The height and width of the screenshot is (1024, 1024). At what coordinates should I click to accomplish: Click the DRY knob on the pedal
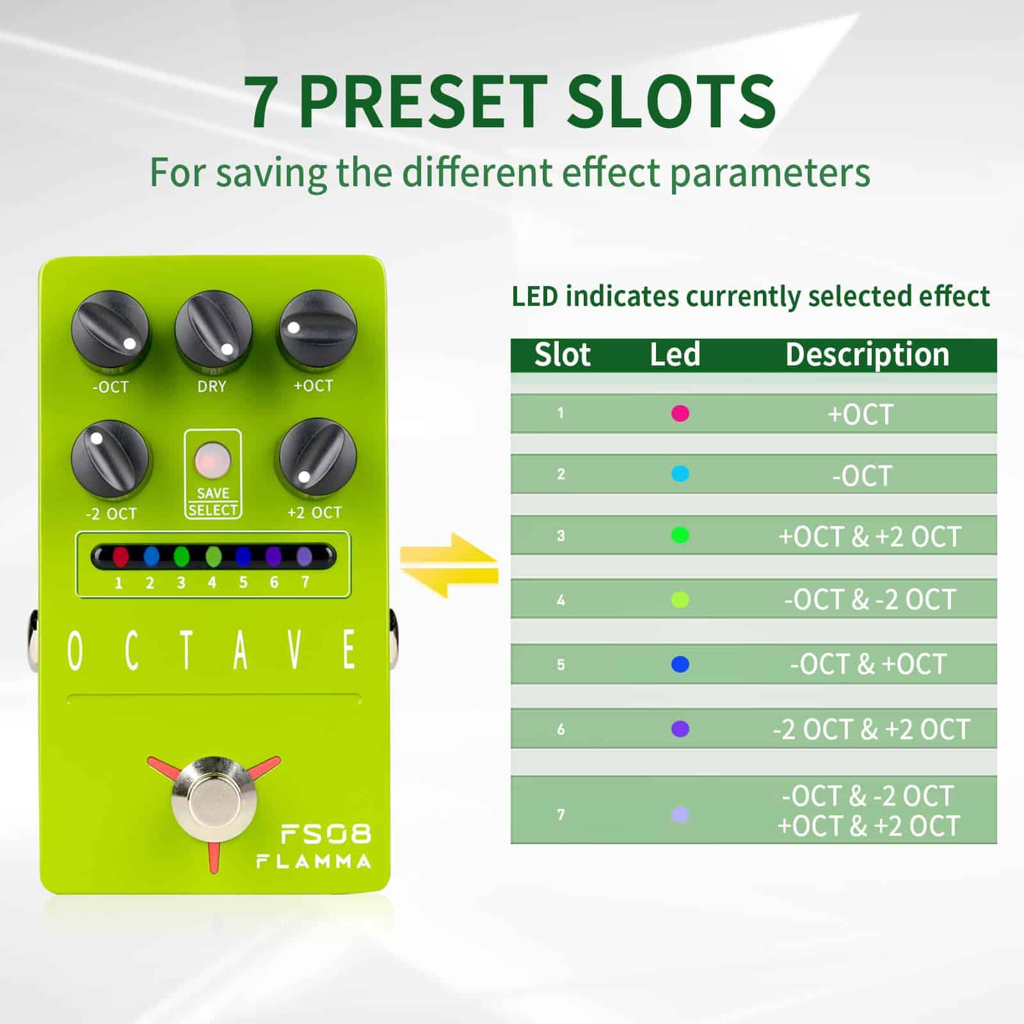pos(213,331)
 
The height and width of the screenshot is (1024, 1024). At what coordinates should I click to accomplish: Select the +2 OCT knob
pos(317,457)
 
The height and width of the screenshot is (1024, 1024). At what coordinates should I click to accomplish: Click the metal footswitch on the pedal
pos(214,800)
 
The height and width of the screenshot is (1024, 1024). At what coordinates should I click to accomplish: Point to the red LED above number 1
pos(120,556)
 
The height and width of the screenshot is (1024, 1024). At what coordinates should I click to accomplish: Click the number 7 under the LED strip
pos(305,582)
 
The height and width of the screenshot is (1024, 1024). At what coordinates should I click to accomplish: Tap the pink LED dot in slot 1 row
pos(680,413)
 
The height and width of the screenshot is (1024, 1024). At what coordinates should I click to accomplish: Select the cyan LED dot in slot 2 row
pos(680,474)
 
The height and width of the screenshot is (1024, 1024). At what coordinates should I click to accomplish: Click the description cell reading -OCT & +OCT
pos(868,664)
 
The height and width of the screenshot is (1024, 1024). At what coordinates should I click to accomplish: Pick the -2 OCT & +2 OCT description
pos(870,729)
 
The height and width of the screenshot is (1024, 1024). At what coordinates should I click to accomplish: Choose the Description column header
pos(867,355)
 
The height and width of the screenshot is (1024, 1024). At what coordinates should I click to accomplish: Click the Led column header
pos(675,355)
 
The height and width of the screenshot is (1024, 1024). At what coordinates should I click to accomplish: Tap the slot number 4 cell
pos(561,600)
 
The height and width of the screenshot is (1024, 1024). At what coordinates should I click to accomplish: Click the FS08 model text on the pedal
pos(326,833)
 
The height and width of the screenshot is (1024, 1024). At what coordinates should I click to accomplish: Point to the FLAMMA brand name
pos(314,861)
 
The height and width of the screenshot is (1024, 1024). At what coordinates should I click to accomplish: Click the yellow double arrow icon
pos(449,564)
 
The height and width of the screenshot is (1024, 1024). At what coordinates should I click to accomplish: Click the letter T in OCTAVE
pos(186,650)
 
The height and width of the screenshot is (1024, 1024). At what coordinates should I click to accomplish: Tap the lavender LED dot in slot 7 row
pos(680,815)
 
